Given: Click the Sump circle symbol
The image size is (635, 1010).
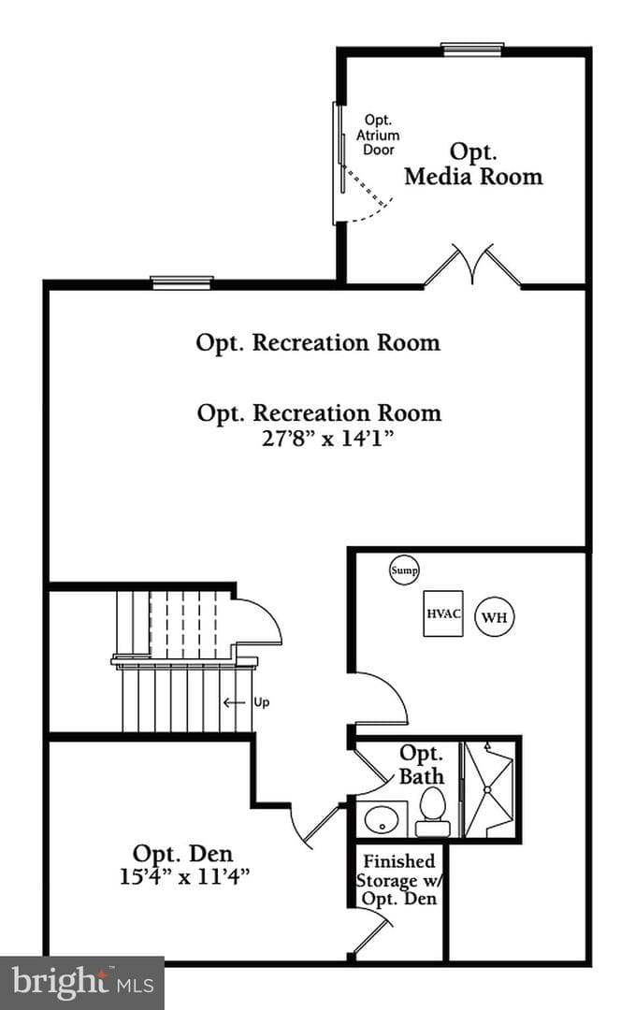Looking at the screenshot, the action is point(404,570).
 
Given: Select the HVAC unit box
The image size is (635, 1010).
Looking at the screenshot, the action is point(443,613).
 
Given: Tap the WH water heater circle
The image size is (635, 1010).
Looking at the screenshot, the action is point(495,617).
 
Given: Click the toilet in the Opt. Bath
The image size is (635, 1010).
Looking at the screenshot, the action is point(432,812).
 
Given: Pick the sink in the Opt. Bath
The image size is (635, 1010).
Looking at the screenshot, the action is point(382,819).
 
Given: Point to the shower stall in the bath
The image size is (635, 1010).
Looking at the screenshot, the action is point(489,789).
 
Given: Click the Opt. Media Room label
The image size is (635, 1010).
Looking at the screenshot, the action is point(473,164).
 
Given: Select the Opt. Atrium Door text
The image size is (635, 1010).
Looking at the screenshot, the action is point(378,135).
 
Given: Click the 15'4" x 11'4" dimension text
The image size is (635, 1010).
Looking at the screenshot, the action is point(184,876).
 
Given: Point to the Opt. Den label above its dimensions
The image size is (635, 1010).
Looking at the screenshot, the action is point(183,854).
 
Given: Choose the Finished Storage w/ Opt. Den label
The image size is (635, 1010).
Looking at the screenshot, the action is point(399,880).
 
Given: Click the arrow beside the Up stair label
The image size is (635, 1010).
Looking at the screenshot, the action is point(235,702).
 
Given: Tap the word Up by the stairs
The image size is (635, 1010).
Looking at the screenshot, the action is point(262,702).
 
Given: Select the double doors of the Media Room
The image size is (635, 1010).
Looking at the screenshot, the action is point(472,264).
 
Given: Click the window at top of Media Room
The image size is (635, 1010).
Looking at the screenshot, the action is point(472,49).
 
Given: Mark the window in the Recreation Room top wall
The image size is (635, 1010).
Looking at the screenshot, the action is point(181,282).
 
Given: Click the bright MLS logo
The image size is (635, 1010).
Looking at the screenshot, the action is point(81,983).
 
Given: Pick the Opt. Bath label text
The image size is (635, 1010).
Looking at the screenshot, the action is point(422,765).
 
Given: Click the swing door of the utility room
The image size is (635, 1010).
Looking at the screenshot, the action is point(380,699).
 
